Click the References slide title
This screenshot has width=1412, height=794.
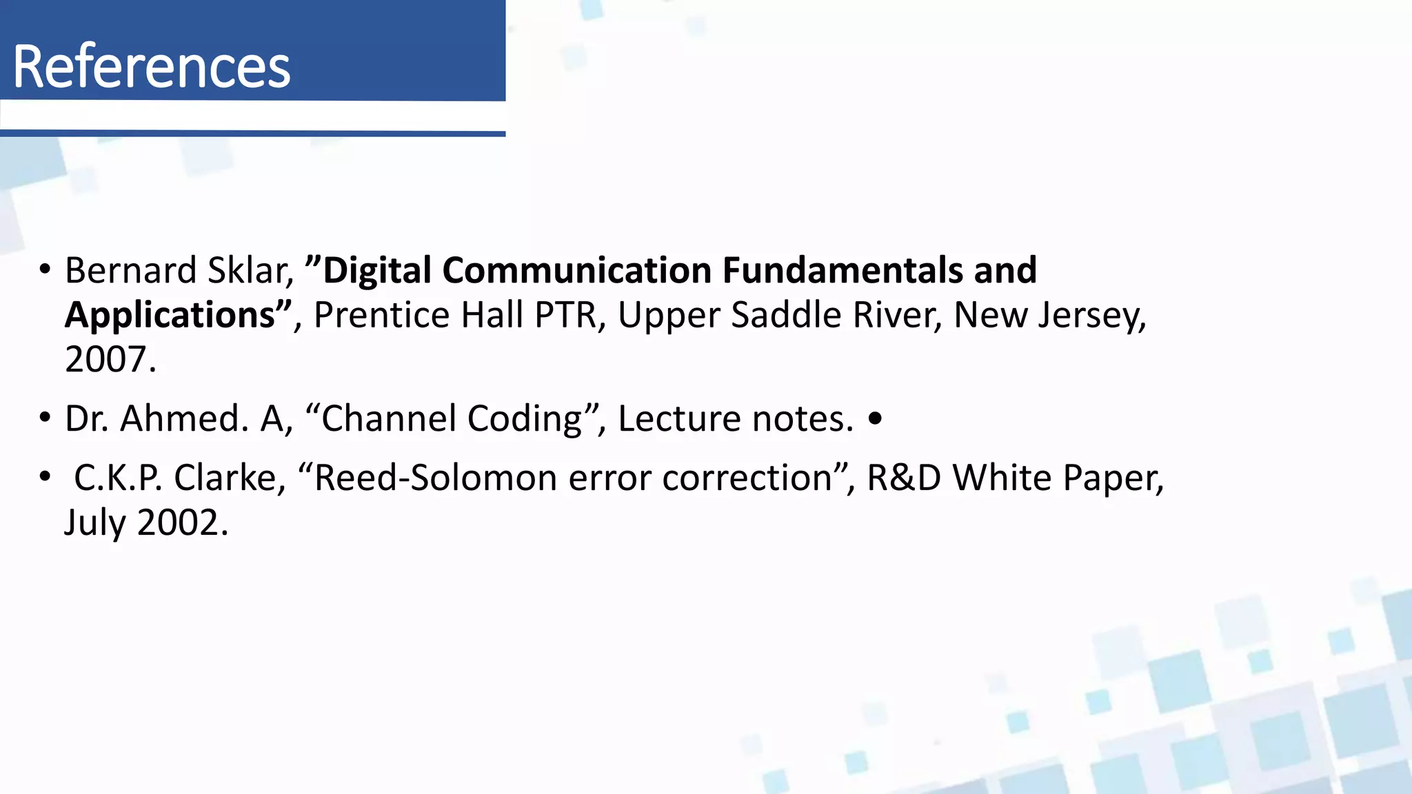click(152, 66)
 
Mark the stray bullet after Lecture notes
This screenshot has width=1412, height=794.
click(875, 418)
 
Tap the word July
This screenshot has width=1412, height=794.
click(95, 523)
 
